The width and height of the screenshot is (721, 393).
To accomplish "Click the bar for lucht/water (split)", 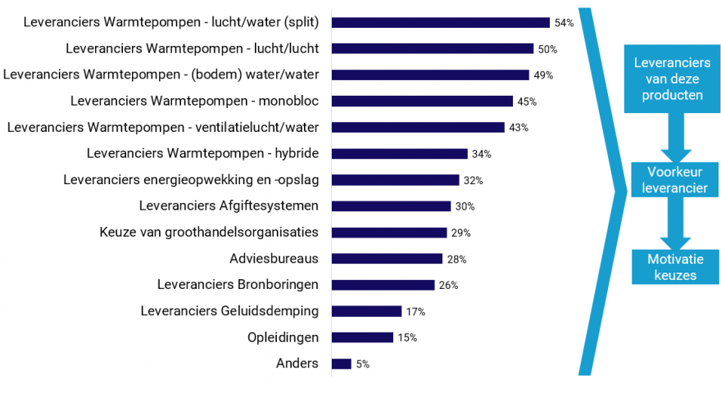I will (440, 23).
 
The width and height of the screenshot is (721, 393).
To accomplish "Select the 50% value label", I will (547, 49).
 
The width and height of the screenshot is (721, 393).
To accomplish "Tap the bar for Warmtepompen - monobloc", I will (422, 102).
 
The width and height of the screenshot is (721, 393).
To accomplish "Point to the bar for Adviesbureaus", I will (387, 259).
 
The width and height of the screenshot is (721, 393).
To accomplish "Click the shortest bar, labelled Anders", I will (341, 364).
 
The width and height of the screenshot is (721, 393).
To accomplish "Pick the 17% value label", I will (415, 311).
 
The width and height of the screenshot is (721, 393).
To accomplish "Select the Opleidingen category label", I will (283, 337).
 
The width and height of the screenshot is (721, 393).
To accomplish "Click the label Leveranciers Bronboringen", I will (238, 285).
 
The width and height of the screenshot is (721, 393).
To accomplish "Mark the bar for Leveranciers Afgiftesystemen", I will (391, 206).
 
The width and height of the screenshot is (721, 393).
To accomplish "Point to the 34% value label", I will (482, 154).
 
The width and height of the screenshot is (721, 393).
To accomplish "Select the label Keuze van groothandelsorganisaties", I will (208, 233).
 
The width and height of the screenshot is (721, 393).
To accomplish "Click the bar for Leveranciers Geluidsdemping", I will (366, 311).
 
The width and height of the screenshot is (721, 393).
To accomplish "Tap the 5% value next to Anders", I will (362, 364).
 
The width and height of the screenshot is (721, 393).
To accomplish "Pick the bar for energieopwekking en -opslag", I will (395, 180).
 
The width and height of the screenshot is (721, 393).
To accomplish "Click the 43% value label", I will (519, 128).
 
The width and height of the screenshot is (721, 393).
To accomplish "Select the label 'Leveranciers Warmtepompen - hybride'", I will (202, 154).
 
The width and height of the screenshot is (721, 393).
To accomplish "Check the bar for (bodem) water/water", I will (430, 75).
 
